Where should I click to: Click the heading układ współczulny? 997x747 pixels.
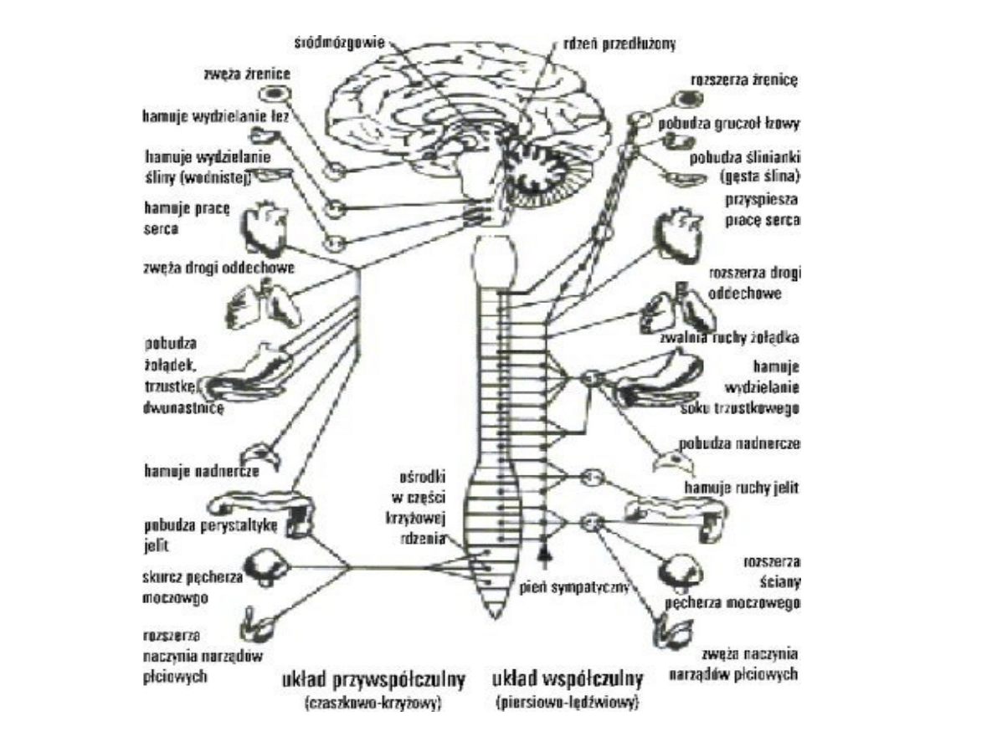(x=568, y=677)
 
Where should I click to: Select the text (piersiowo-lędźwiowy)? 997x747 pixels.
(x=568, y=701)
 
